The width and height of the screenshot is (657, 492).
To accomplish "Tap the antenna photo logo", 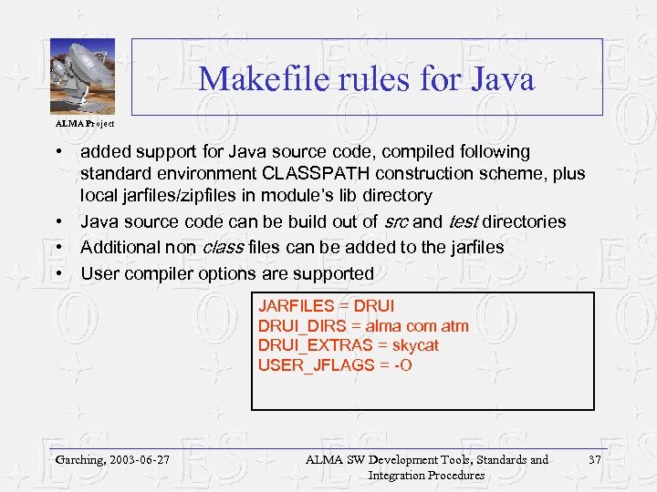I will point(81,77).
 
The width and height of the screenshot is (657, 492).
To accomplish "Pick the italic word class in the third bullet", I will point(222,247).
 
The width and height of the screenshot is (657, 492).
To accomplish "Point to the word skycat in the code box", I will point(415,345).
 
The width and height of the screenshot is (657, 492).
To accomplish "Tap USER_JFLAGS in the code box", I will point(310,365).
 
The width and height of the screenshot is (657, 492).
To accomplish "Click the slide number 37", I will point(596,460).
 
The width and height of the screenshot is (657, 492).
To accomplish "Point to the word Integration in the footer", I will point(397,475).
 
